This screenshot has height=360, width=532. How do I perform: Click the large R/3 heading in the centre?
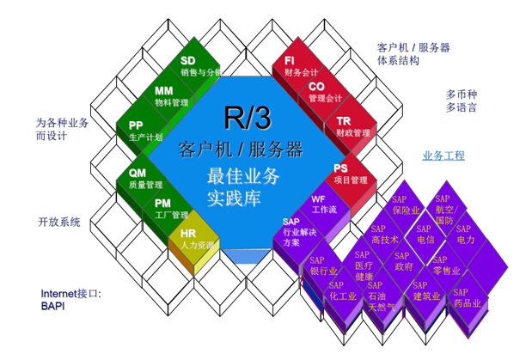click(248, 117)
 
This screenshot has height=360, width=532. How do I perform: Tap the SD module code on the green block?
click(188, 60)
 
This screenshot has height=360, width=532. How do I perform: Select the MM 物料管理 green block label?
click(171, 96)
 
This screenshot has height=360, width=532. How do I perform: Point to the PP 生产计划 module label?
click(145, 131)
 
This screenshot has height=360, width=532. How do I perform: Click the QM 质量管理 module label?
click(145, 179)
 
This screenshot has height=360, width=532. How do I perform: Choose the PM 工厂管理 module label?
click(171, 209)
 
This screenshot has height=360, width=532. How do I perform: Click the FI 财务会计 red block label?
click(301, 66)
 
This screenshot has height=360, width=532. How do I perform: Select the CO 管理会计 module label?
click(325, 92)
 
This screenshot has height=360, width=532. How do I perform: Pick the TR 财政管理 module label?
click(353, 126)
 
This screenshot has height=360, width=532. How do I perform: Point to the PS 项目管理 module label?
click(351, 174)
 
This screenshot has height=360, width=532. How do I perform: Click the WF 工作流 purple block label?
click(324, 204)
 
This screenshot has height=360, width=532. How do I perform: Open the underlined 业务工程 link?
click(443, 156)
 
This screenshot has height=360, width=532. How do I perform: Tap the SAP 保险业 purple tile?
click(406, 205)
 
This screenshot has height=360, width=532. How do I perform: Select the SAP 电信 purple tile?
click(425, 235)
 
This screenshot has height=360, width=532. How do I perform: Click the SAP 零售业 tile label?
click(447, 265)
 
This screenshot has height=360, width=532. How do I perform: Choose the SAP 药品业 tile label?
click(468, 297)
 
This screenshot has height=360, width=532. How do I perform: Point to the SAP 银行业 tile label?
click(324, 265)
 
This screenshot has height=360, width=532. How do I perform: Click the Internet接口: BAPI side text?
click(71, 299)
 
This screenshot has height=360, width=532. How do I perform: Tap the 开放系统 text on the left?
click(59, 222)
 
